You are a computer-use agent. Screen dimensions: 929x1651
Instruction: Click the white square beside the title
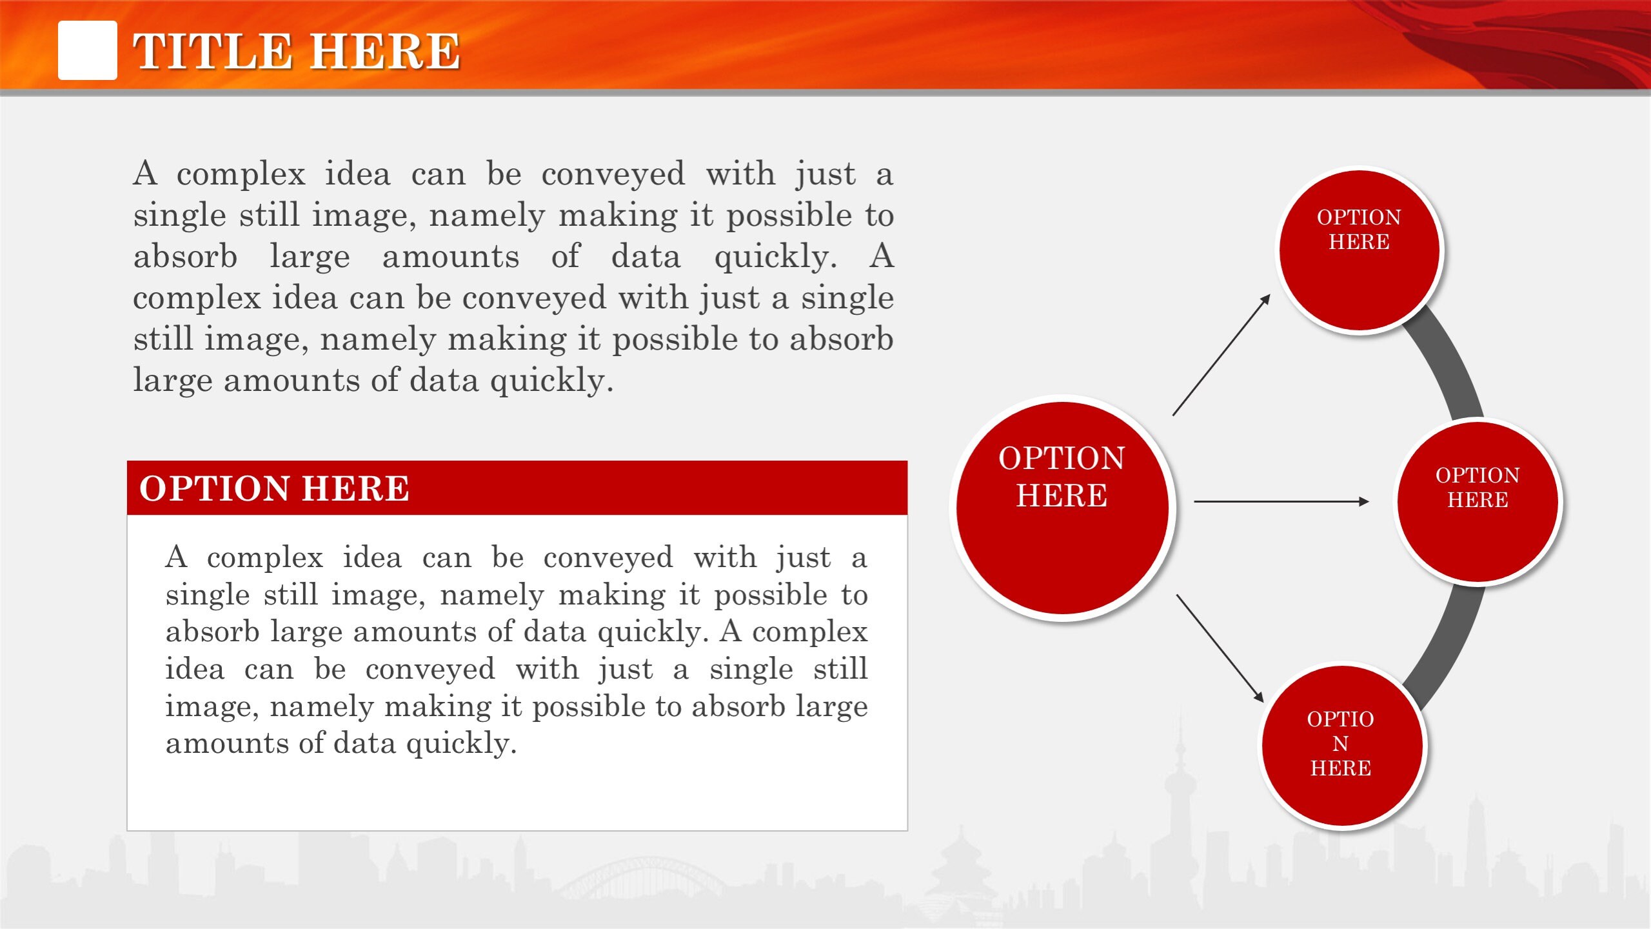(x=87, y=50)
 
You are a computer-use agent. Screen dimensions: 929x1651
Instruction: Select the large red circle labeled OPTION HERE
(x=1062, y=508)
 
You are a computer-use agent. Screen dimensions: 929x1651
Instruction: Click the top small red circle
(x=1359, y=251)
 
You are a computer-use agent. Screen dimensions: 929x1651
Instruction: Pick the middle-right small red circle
(x=1478, y=501)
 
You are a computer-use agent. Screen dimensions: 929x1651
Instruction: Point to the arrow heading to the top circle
(x=1221, y=355)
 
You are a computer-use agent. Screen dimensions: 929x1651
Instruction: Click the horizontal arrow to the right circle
(x=1280, y=501)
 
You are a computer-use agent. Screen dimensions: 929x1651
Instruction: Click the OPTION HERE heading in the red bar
(x=274, y=488)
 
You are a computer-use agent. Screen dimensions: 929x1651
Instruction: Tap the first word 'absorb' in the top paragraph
(x=185, y=257)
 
